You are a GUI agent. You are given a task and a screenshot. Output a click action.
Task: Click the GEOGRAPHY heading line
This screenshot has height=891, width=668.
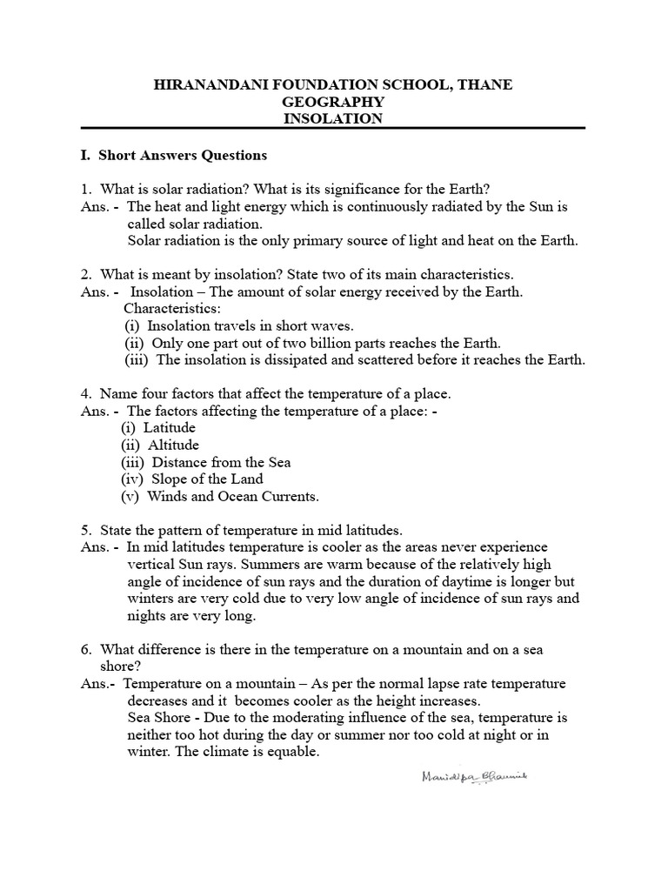coord(333,102)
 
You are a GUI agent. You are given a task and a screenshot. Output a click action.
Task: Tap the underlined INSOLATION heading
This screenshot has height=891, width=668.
coord(333,119)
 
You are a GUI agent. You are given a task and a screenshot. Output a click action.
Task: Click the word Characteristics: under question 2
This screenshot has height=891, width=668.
coord(172,309)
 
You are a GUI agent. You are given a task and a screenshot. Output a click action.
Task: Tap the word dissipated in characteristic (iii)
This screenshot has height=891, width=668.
coord(296,360)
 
